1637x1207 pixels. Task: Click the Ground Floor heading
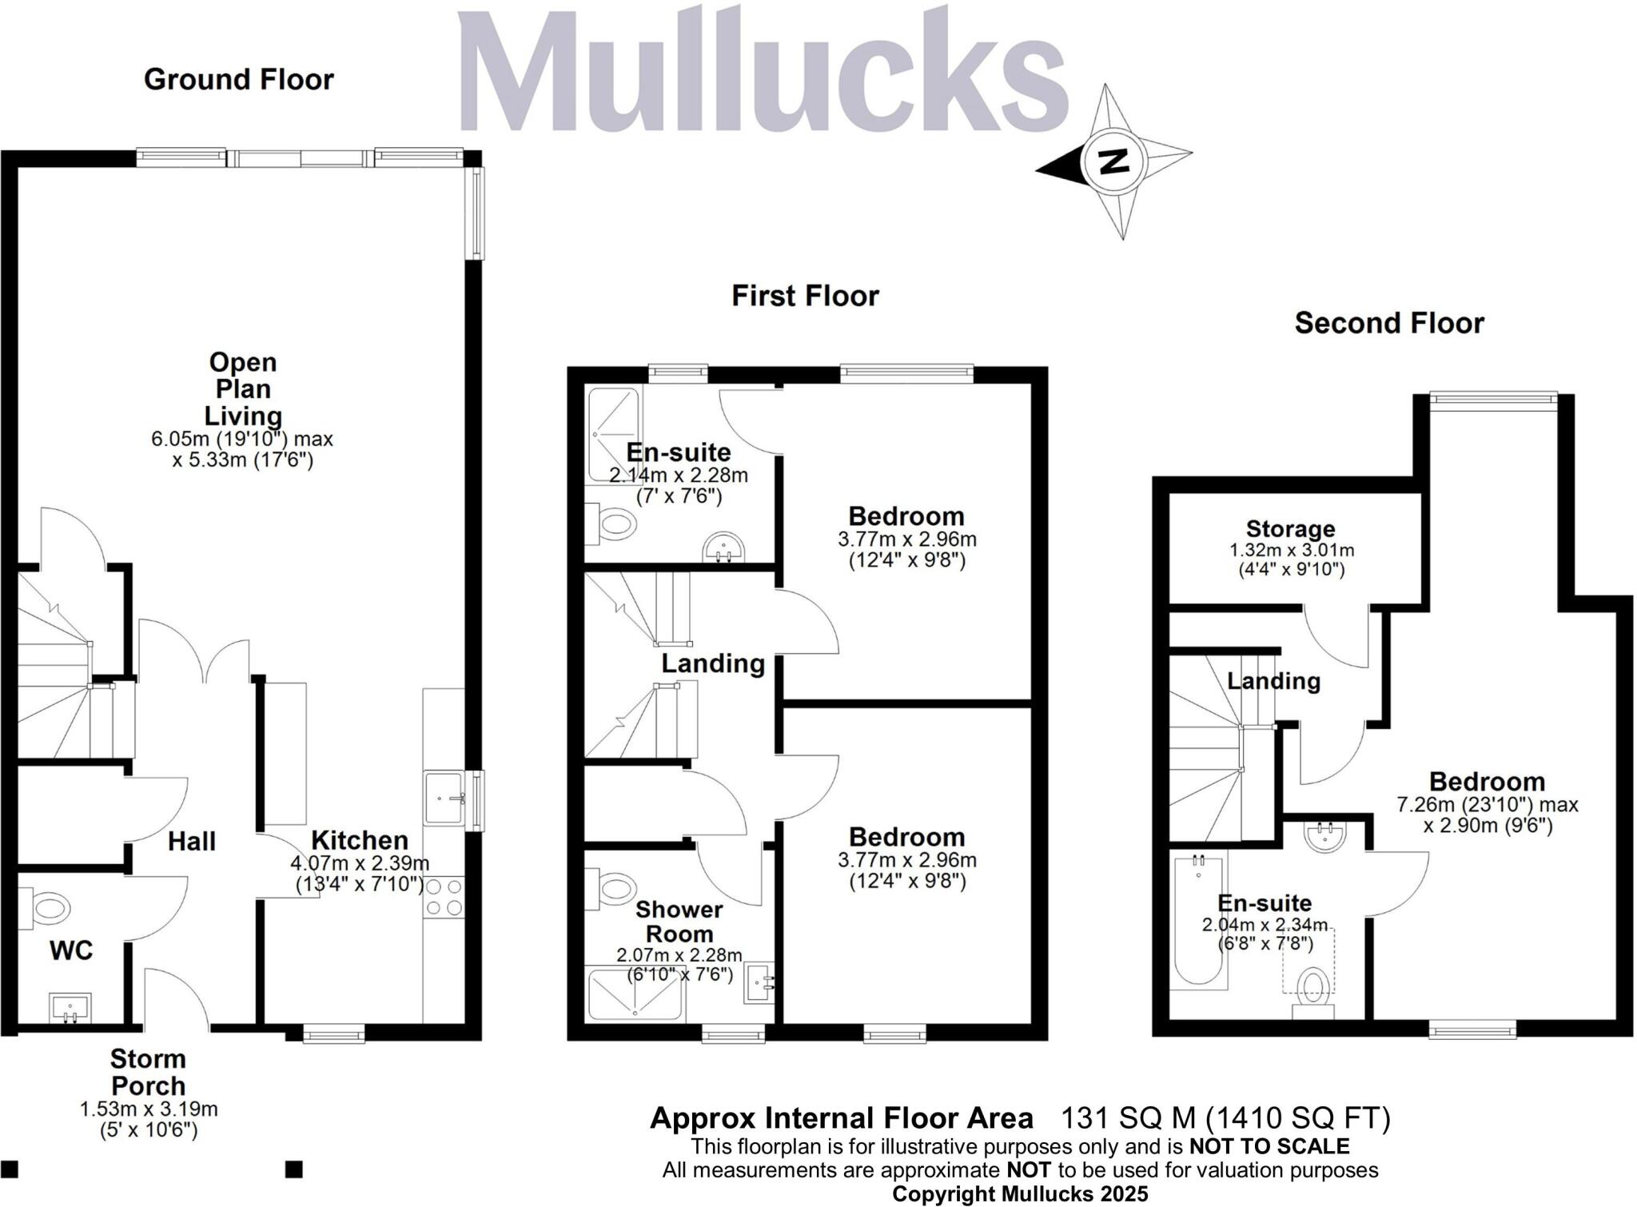click(x=238, y=79)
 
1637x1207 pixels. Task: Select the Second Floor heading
click(x=1389, y=323)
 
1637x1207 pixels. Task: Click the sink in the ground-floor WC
click(x=71, y=1007)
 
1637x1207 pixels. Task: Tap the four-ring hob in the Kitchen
click(x=444, y=896)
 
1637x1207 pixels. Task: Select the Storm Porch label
click(x=149, y=1072)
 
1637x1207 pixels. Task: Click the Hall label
click(x=192, y=841)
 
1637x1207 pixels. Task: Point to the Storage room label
click(x=1290, y=529)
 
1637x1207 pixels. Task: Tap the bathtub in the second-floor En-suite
click(x=1198, y=918)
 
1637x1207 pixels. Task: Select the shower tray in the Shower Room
click(x=635, y=994)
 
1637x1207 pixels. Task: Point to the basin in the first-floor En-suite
click(x=723, y=549)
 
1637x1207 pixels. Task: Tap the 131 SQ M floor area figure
click(x=1127, y=1117)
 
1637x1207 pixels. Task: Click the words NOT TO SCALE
click(x=1269, y=1146)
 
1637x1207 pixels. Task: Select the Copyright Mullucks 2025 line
click(x=1020, y=1194)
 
